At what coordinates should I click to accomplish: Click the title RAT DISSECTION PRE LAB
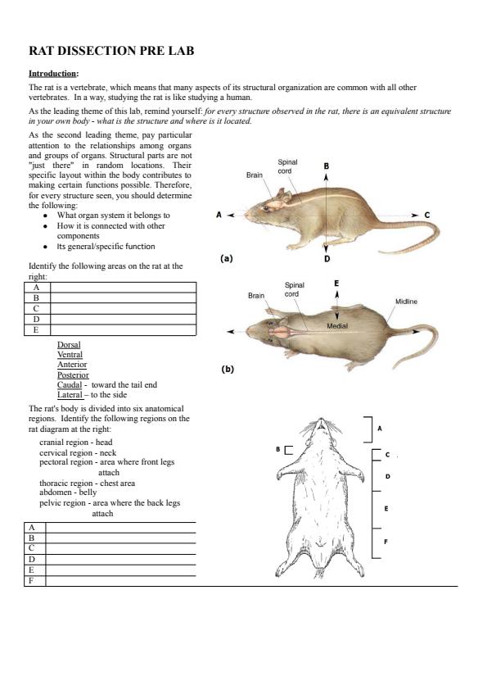point(111,51)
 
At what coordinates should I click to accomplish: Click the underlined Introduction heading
point(52,74)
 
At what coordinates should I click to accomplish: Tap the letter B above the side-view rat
point(326,166)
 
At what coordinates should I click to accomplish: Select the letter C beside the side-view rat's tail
point(426,216)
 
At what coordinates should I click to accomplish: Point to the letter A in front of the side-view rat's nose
point(219,215)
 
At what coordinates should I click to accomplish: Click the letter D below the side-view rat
point(327,259)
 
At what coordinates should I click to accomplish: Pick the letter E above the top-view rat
point(336,283)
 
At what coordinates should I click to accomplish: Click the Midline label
point(406,302)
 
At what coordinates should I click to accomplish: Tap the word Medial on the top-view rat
point(337,326)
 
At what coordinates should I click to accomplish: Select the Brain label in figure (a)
point(255,175)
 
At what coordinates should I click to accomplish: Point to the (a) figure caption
point(227,258)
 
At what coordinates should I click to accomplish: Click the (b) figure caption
point(228,369)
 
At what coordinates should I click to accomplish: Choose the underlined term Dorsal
point(69,344)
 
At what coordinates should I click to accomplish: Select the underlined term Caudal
point(70,384)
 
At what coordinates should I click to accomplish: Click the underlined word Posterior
point(73,375)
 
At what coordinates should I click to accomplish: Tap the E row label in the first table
point(36,329)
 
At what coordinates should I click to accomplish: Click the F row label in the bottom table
point(31,580)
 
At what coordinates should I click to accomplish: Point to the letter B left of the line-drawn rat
point(277,449)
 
